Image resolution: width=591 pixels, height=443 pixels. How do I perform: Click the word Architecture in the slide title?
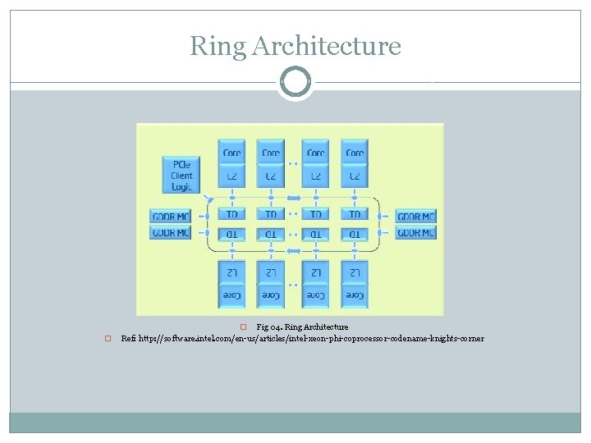click(x=327, y=46)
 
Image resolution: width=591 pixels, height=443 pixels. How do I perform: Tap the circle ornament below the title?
click(x=295, y=82)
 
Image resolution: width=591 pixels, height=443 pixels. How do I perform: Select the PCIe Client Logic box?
click(x=181, y=176)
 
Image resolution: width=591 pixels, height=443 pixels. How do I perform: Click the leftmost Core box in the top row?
click(x=232, y=153)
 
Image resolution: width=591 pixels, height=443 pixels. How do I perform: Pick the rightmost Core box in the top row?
click(x=355, y=153)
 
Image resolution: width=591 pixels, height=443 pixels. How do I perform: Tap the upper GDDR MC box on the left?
click(x=171, y=217)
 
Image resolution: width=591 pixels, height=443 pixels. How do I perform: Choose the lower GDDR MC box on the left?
click(x=171, y=233)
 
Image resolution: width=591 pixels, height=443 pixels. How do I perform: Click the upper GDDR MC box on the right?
click(x=415, y=217)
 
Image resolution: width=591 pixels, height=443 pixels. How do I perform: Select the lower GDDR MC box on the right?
click(x=415, y=233)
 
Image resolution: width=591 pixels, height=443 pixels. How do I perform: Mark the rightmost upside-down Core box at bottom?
click(x=355, y=295)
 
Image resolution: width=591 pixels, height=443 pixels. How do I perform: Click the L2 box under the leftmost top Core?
click(x=232, y=176)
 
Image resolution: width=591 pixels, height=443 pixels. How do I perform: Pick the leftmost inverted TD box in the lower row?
click(x=232, y=235)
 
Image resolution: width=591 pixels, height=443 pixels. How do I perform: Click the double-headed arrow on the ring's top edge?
click(x=294, y=198)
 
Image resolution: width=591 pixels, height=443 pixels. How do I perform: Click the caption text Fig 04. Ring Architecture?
click(x=302, y=327)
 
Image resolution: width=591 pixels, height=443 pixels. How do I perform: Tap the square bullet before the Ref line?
click(x=107, y=339)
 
